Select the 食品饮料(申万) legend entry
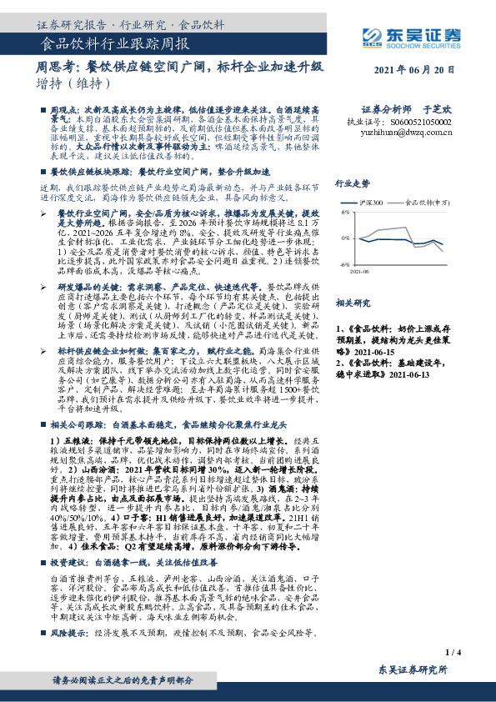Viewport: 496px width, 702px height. [428, 202]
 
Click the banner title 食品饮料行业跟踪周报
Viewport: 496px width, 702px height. [114, 44]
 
